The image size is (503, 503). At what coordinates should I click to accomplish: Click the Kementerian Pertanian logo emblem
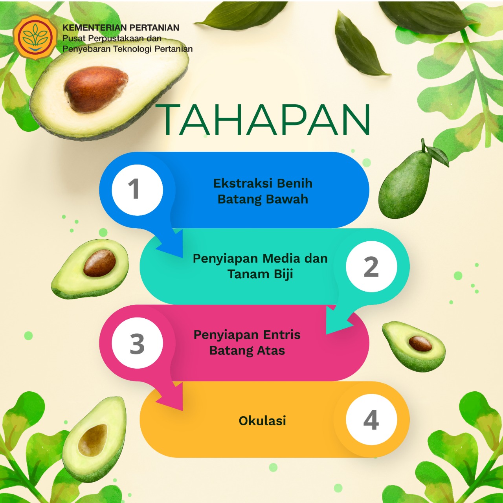pyautogui.click(x=35, y=37)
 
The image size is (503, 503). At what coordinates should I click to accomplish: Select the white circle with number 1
pyautogui.click(x=137, y=190)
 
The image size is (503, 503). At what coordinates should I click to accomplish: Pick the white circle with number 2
pyautogui.click(x=371, y=266)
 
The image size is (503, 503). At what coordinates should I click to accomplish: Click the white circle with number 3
pyautogui.click(x=137, y=343)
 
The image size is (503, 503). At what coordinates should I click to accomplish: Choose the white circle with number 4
pyautogui.click(x=371, y=420)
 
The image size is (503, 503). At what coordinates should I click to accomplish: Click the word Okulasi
pyautogui.click(x=263, y=421)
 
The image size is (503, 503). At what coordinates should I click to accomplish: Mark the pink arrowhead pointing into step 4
pyautogui.click(x=170, y=397)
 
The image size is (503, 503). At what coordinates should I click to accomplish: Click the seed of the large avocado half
pyautogui.click(x=96, y=89)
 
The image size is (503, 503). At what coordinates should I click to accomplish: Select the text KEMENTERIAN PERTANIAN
pyautogui.click(x=121, y=28)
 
